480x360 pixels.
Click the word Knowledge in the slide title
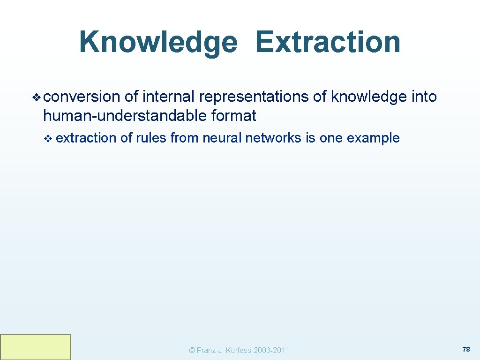[158, 42]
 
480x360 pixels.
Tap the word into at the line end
[424, 97]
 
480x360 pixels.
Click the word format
[234, 115]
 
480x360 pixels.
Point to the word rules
[151, 138]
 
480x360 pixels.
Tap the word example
[373, 138]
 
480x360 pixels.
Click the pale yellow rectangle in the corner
[36, 346]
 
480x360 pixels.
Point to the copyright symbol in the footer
[191, 350]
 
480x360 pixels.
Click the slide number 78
[466, 349]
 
